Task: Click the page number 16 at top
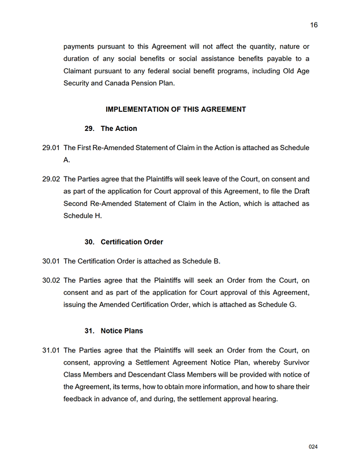coord(314,25)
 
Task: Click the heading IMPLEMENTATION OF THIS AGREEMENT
coord(176,109)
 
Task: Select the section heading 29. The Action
coord(111,129)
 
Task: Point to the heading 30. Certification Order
coord(124,242)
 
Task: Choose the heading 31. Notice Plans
coord(114,331)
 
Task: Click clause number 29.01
coord(51,148)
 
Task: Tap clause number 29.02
coord(51,179)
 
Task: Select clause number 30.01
coord(51,261)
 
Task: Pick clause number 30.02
coord(51,280)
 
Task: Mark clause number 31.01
coord(51,350)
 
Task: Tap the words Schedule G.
coord(277,305)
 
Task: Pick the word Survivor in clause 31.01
coord(295,362)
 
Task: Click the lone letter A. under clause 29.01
coord(67,160)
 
